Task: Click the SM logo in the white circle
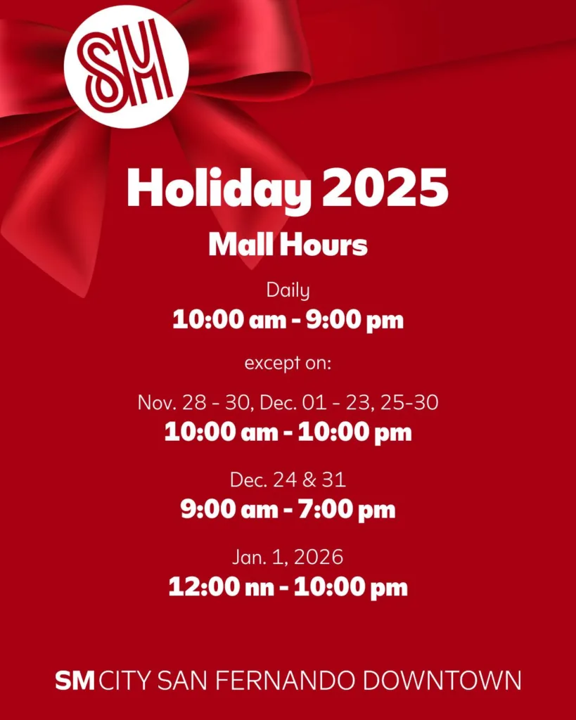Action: point(127,67)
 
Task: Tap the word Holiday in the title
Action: point(219,188)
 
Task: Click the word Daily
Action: point(288,290)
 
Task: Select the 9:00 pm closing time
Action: point(354,320)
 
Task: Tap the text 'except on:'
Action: point(288,364)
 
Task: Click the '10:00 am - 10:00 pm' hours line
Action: point(288,432)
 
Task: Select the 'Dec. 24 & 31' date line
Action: point(288,480)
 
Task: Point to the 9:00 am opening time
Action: point(229,509)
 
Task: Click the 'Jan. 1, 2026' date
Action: point(288,558)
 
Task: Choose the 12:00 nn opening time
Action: point(221,587)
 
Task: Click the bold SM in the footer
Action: point(75,681)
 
